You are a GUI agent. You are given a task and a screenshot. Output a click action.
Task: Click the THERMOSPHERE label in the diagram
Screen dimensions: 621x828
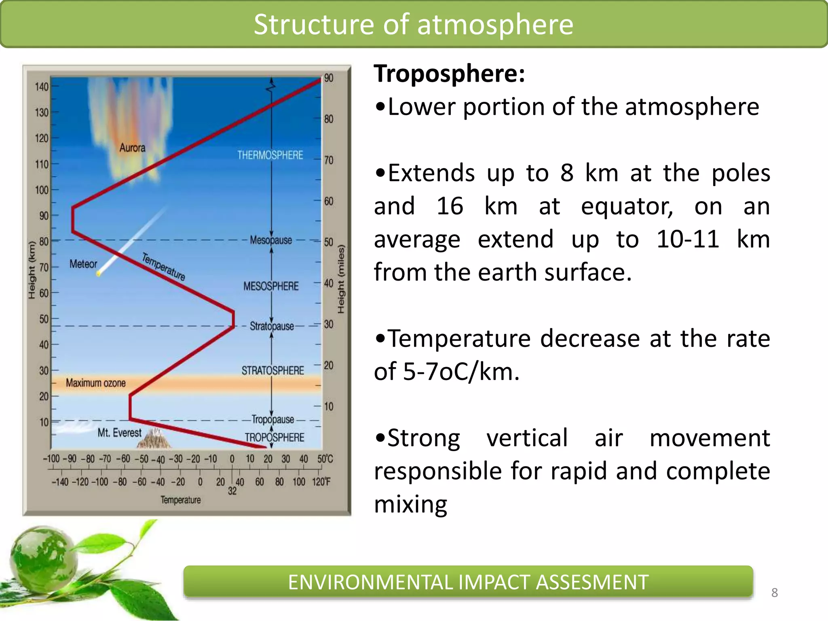click(270, 155)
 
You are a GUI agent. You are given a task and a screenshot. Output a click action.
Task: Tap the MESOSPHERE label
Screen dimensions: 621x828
click(271, 286)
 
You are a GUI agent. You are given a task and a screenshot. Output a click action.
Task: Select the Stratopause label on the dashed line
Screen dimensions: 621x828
click(272, 326)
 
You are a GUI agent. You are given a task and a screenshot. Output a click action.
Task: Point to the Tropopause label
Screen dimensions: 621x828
click(273, 419)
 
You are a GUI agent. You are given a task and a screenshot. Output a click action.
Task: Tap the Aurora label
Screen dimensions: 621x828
click(132, 148)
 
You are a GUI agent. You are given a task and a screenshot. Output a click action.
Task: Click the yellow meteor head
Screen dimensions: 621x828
click(98, 274)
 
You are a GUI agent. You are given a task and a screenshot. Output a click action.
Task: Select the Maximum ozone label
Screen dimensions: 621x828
click(96, 383)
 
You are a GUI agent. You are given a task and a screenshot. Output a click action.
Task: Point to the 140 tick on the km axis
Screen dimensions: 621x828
click(42, 87)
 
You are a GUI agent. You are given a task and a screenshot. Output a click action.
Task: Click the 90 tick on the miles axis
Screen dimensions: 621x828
click(329, 78)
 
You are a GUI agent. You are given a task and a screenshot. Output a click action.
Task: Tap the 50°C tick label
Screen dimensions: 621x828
click(325, 459)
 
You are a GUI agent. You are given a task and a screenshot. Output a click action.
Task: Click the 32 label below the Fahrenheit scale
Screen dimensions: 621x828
click(232, 491)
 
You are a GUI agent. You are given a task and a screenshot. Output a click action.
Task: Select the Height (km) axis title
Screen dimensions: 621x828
click(32, 270)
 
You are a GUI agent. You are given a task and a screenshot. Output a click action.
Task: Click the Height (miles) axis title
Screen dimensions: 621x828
click(341, 279)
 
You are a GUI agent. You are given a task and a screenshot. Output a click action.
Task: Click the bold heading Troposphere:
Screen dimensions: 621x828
click(449, 74)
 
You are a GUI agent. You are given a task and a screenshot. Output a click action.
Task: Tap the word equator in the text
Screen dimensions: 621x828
click(627, 206)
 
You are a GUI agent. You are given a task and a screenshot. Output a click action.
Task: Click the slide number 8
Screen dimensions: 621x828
click(774, 593)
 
